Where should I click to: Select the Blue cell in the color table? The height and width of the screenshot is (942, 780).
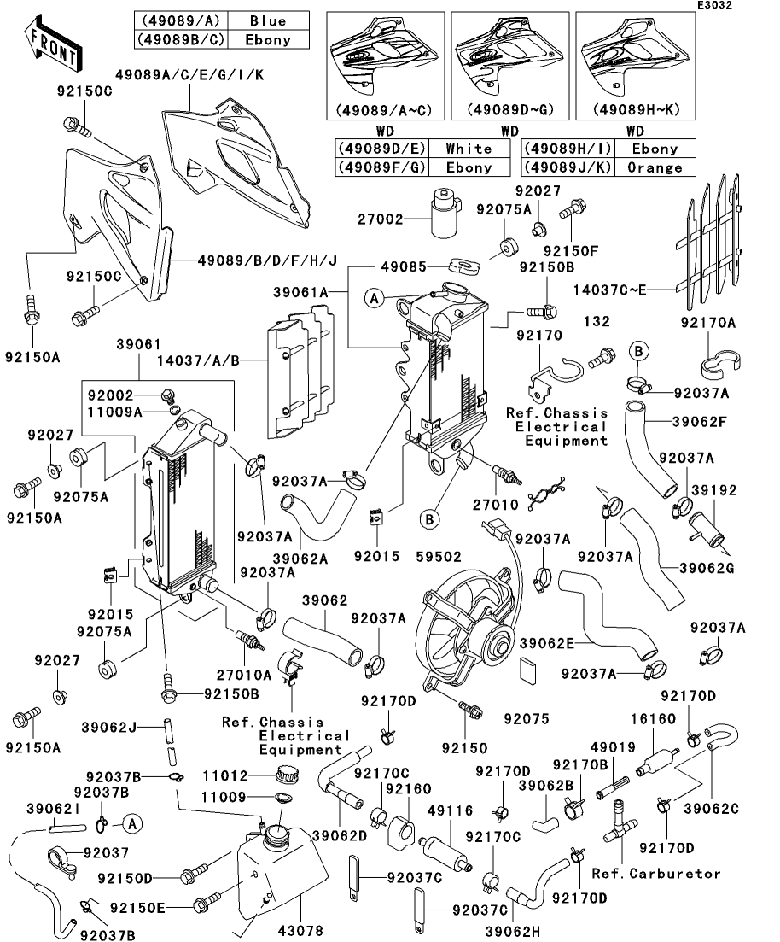(268, 20)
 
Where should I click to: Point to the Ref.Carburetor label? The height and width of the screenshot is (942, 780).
(656, 873)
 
